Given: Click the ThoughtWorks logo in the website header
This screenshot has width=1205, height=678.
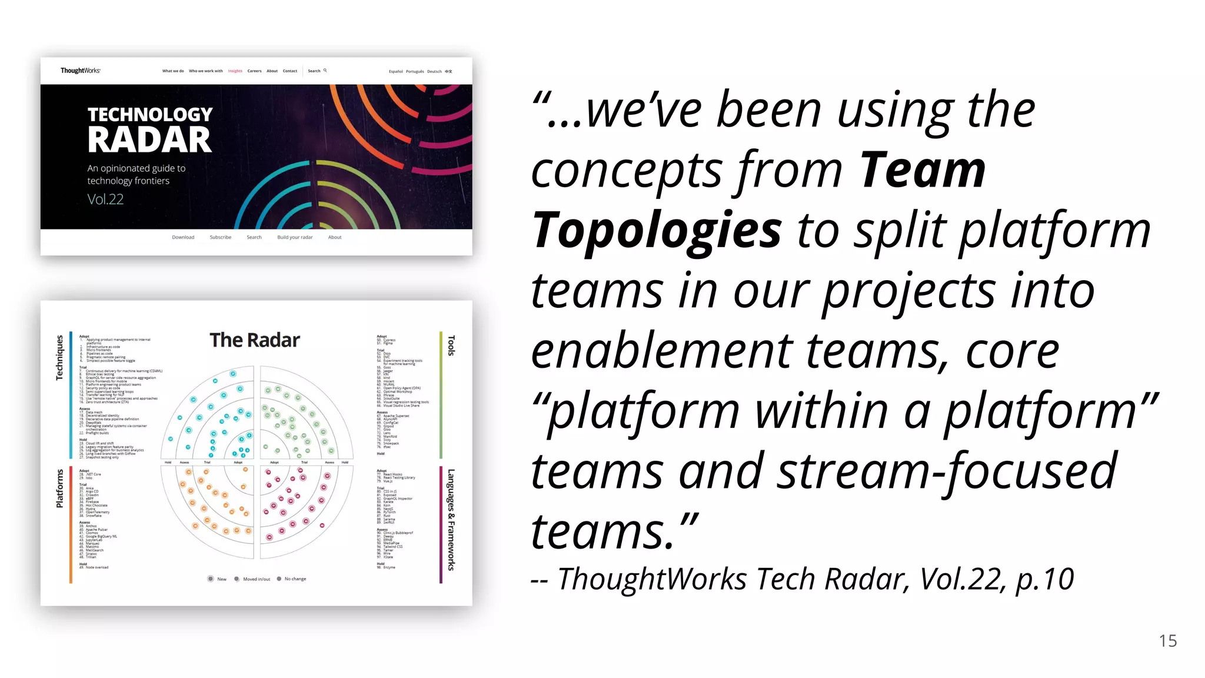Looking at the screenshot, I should [x=80, y=71].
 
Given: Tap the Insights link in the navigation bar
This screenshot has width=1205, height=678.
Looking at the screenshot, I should [x=235, y=71].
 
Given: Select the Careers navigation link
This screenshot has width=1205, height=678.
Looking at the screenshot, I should [x=254, y=71].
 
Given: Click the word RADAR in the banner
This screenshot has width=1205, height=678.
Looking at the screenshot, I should [x=149, y=140].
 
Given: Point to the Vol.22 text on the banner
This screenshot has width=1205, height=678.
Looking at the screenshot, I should [x=105, y=200].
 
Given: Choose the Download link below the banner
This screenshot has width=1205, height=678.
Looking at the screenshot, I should [x=183, y=237].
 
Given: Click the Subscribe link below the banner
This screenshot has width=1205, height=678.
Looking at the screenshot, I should [x=221, y=237].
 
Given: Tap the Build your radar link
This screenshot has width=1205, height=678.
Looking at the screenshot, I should [x=295, y=237].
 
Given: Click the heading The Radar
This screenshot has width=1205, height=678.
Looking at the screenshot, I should [x=255, y=340].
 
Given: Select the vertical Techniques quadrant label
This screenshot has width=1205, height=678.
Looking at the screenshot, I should [x=59, y=357].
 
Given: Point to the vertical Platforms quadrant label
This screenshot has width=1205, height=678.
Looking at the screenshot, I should [x=59, y=488].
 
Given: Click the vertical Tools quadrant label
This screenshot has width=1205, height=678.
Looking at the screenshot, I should [x=451, y=345].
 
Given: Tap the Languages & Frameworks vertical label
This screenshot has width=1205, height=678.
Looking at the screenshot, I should [x=451, y=520].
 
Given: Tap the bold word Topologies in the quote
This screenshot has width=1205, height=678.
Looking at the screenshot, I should [x=657, y=230].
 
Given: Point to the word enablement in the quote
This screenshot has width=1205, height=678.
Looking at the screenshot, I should [x=661, y=351].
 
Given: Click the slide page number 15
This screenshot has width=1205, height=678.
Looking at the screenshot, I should [x=1168, y=641].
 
